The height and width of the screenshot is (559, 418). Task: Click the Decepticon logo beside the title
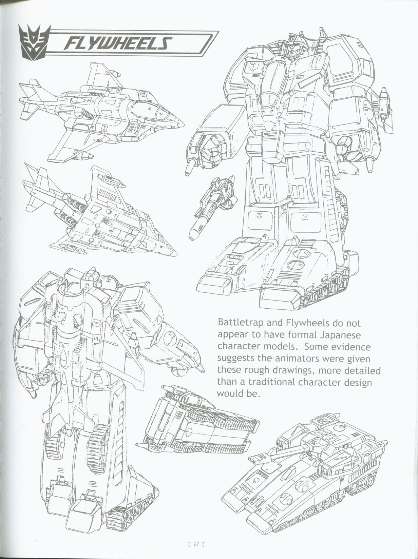[x=34, y=42]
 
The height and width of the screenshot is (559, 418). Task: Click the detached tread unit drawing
[x=200, y=424]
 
